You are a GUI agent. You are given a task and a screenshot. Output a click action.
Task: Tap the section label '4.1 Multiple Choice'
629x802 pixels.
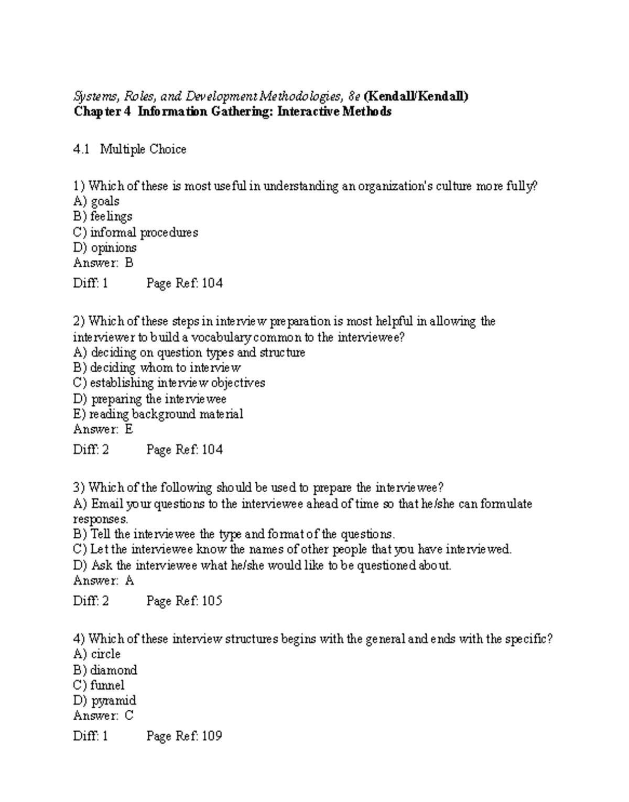coord(129,149)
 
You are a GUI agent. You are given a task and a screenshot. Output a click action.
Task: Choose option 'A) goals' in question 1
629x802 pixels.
coord(96,201)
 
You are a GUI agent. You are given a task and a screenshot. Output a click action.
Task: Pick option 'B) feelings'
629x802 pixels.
coord(103,216)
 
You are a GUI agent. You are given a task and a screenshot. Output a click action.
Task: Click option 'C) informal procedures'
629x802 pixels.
coord(136,232)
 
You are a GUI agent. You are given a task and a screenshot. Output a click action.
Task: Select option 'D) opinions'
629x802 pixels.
coord(105,247)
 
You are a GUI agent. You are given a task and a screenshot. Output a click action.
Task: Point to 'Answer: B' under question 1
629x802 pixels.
coord(103,263)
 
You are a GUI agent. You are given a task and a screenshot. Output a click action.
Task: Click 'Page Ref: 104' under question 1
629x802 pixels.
coord(185,284)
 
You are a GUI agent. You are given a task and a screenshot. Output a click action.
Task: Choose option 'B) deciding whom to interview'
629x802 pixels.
coord(157,367)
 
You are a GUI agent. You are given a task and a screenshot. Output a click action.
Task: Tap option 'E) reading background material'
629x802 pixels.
coord(158,414)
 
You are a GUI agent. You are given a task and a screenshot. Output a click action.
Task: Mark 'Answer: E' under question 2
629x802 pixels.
coord(103,429)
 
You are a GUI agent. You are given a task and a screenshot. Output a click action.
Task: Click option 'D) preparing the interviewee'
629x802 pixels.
coord(150,399)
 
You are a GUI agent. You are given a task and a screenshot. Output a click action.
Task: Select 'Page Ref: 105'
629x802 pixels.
coord(185,601)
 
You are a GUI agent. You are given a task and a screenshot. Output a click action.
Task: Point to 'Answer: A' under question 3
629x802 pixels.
coord(104,581)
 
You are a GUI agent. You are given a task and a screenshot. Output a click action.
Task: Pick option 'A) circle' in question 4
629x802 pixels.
coord(97,654)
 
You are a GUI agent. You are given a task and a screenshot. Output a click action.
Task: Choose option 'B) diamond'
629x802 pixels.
coord(105,670)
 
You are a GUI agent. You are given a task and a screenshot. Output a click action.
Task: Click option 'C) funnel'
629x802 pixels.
coord(99,685)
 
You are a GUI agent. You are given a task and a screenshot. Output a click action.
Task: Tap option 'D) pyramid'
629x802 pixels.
coord(105,701)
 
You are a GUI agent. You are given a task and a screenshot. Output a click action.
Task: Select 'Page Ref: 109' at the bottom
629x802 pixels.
coord(185,736)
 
